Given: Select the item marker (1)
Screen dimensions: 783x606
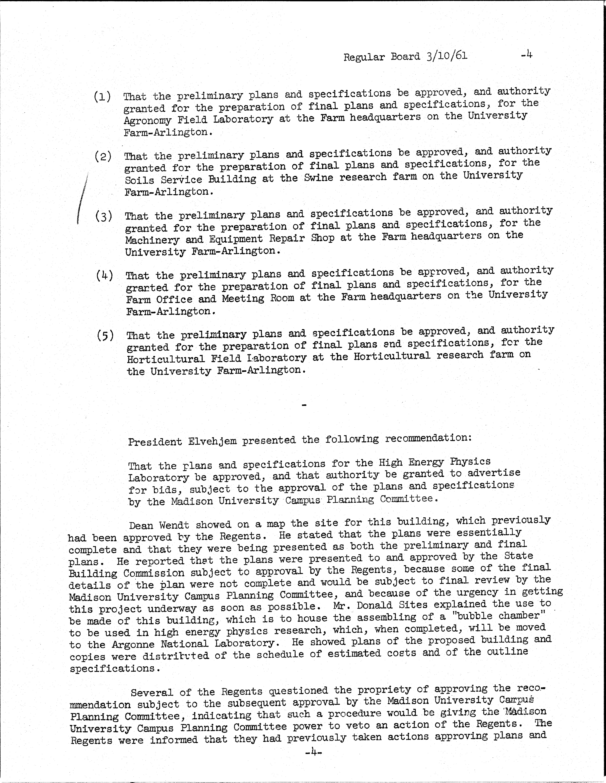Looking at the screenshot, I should (102, 97).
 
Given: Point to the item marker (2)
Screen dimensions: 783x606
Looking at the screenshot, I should (103, 157).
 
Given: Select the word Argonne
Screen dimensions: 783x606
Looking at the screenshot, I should (132, 644).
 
